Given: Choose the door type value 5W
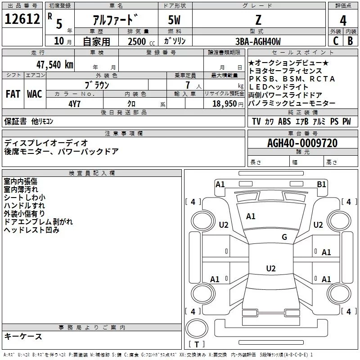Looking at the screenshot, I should pyautogui.click(x=175, y=20).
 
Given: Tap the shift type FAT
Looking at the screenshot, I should pyautogui.click(x=13, y=94).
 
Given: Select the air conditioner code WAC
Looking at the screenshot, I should pyautogui.click(x=34, y=94).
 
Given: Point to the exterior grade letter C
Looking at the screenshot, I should pyautogui.click(x=335, y=41).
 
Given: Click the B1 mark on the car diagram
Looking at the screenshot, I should pyautogui.click(x=321, y=184).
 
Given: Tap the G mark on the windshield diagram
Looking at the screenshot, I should pyautogui.click(x=284, y=237).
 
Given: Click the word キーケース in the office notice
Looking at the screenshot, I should pyautogui.click(x=23, y=337).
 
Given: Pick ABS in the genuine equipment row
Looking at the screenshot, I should pyautogui.click(x=284, y=121).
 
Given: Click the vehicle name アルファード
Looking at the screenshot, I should pyautogui.click(x=113, y=20).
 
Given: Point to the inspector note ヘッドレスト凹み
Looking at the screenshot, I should pyautogui.click(x=31, y=230).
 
